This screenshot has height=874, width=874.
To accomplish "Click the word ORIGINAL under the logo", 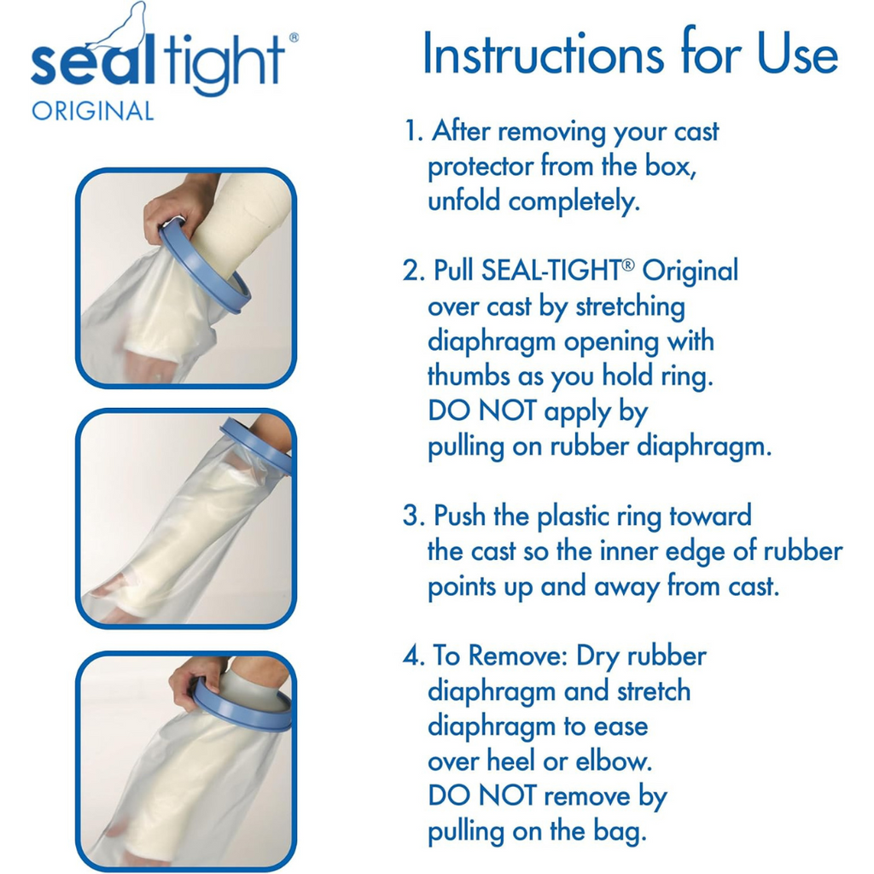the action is [x=92, y=111].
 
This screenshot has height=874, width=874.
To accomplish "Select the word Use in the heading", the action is [x=797, y=55].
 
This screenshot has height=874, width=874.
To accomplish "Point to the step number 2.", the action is [x=414, y=271].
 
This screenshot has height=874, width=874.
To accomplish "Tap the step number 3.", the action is [x=414, y=516].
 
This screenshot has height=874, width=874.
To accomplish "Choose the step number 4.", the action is [x=414, y=655].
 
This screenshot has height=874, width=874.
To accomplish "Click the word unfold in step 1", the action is [x=463, y=201].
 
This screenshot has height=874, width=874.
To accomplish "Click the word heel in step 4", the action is [x=514, y=761].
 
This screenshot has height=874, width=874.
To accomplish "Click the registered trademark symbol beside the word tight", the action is [x=294, y=38].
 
